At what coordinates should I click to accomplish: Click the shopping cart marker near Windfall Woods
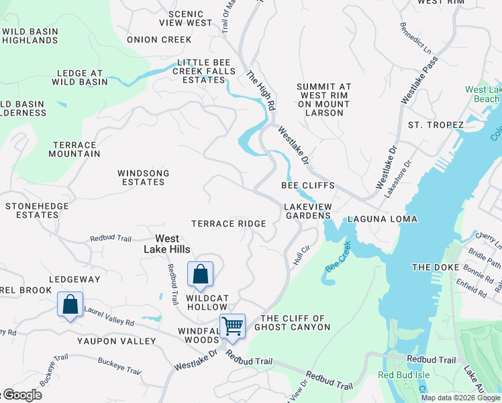pyautogui.click(x=232, y=326)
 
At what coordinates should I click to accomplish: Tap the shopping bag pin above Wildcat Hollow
pyautogui.click(x=200, y=274)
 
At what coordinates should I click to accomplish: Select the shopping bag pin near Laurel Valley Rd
pyautogui.click(x=70, y=304)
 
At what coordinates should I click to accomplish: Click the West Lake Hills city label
pyautogui.click(x=167, y=244)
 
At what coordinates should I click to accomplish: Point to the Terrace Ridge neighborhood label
pyautogui.click(x=228, y=224)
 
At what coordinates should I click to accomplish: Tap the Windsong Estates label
pyautogui.click(x=144, y=177)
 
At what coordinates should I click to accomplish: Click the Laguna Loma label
pyautogui.click(x=383, y=220)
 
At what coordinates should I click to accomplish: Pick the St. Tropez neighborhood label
pyautogui.click(x=436, y=126)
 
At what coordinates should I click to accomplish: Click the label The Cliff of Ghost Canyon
pyautogui.click(x=295, y=322)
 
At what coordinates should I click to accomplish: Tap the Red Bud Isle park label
pyautogui.click(x=404, y=375)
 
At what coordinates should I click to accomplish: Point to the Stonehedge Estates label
pyautogui.click(x=32, y=210)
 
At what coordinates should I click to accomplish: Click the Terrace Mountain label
pyautogui.click(x=75, y=149)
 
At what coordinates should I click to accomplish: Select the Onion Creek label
pyautogui.click(x=159, y=40)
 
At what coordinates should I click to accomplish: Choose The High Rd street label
pyautogui.click(x=261, y=91)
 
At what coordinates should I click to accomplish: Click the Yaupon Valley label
pyautogui.click(x=117, y=341)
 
